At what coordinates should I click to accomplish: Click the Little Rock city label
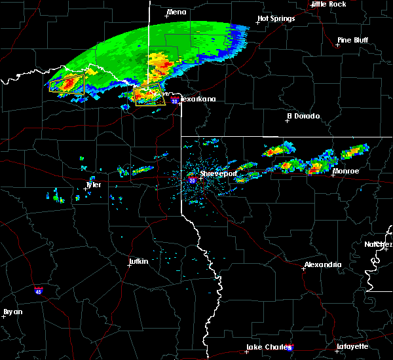329,4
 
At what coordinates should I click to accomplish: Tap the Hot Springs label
276,18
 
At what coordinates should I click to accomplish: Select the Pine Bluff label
353,40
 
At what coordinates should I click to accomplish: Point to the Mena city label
176,12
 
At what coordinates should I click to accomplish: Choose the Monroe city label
346,171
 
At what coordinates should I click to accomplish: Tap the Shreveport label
217,175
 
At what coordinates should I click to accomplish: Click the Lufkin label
138,262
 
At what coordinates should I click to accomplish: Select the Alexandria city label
322,264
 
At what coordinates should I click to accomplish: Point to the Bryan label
13,312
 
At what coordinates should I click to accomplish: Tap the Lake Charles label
267,347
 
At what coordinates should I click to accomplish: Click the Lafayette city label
352,346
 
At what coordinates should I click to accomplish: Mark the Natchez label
379,244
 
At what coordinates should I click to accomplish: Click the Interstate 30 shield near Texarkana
174,101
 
